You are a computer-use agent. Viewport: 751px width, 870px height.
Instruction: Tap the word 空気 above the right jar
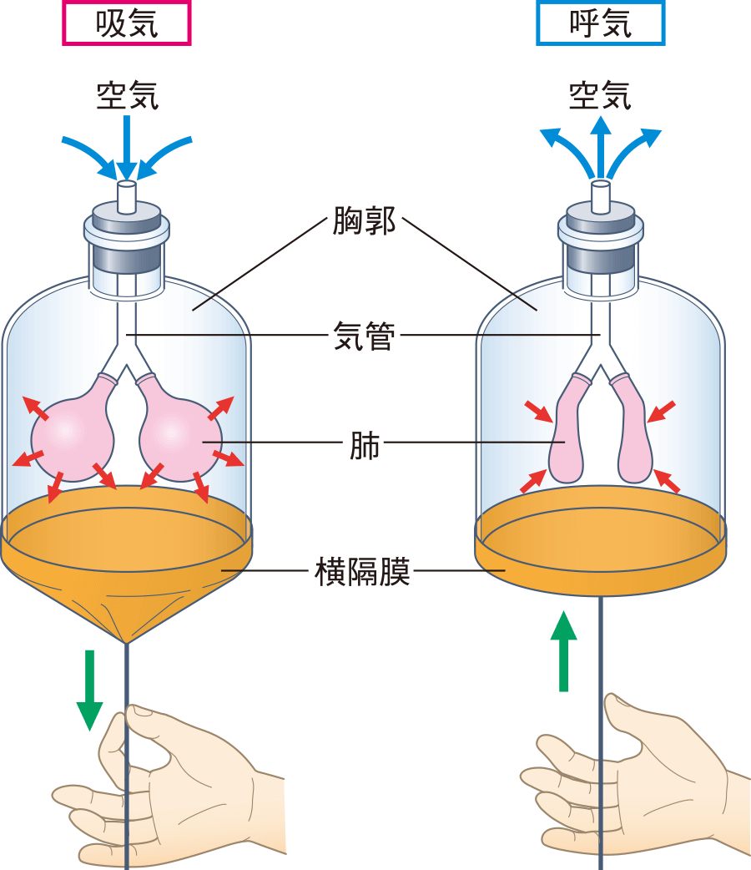point(600,94)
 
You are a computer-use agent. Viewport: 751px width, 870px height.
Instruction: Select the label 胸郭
point(363,222)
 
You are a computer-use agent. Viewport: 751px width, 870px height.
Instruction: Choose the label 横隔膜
point(363,572)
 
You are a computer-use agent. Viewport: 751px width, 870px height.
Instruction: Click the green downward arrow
point(89,690)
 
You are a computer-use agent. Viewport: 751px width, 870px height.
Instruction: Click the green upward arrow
point(564,651)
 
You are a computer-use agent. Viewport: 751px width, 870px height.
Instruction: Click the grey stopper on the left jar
point(126,219)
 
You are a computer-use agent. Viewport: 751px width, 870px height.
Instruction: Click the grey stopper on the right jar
point(600,218)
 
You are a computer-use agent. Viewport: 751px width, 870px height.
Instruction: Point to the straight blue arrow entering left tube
point(127,146)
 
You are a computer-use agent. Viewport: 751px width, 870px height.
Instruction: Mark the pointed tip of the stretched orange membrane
point(126,642)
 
